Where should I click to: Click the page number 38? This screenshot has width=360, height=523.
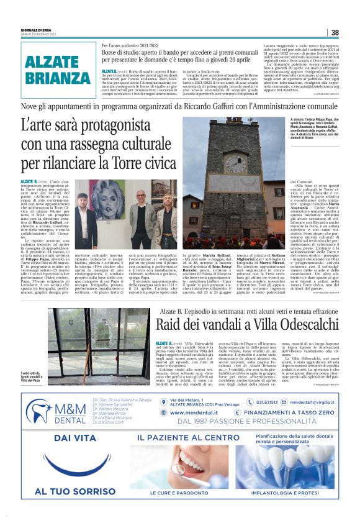click(335, 32)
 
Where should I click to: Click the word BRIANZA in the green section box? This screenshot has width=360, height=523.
click(58, 78)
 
